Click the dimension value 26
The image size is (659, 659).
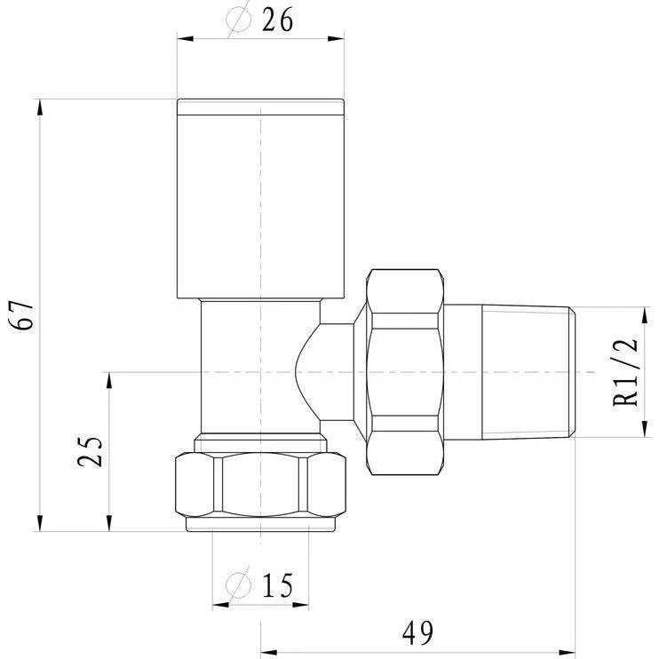[277, 20]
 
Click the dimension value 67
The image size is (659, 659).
[22, 315]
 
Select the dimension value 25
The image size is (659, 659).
[90, 451]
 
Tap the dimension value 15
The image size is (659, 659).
[277, 585]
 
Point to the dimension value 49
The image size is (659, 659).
[417, 633]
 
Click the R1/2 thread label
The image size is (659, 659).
[626, 371]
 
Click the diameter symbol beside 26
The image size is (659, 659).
[238, 19]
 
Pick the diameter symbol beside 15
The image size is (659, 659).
[238, 584]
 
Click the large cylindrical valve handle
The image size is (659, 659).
[260, 199]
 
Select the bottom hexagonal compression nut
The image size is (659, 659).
[260, 484]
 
